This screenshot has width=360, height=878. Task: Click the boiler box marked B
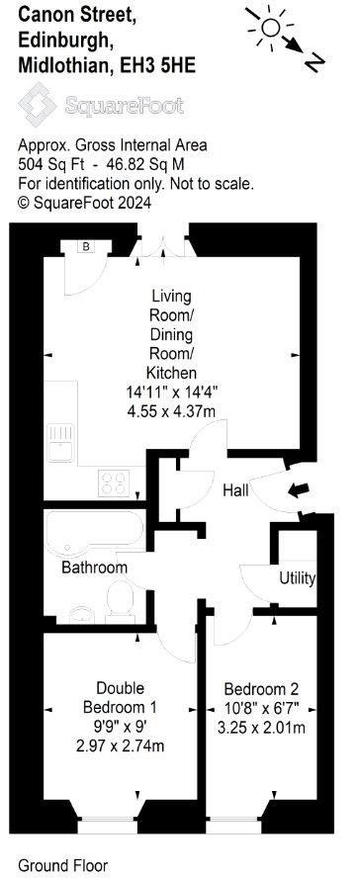pos(87,246)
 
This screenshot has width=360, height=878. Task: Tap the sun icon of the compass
pos(271,26)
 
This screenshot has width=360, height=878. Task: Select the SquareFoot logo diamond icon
pos(37,104)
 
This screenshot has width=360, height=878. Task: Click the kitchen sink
pos(61,441)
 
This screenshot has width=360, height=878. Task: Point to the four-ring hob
pos(114,483)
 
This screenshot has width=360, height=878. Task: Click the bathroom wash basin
pos(82,615)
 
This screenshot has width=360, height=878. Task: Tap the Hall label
pos(235,491)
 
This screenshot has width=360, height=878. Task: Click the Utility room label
pos(298,578)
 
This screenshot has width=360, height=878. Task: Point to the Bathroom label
pos(94,568)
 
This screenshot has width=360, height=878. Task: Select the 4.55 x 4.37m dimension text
pos(171,411)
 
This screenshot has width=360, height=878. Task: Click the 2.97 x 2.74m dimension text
pos(121,746)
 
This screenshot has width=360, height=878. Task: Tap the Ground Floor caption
pos(63,866)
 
